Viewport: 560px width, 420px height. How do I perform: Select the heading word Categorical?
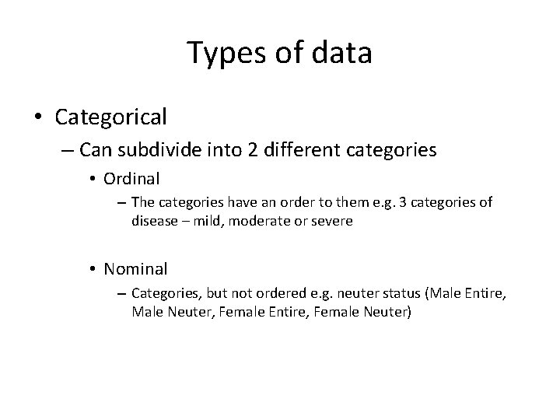coord(110,117)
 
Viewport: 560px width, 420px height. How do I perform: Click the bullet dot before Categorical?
coord(38,117)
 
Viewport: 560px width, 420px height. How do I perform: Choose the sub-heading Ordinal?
coord(131,179)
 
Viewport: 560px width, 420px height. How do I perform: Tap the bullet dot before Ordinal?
coord(92,180)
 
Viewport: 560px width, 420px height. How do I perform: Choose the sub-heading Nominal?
coord(135,269)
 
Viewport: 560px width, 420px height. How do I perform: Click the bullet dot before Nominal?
coord(92,270)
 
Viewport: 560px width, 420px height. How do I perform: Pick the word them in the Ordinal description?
coord(353,203)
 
